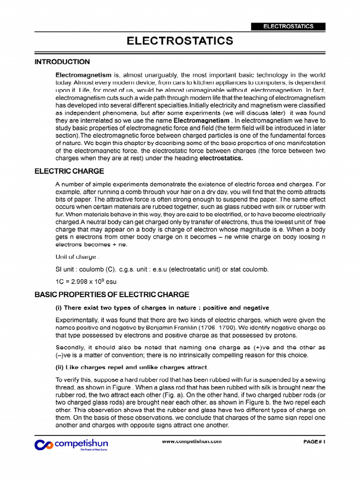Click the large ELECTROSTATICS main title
pyautogui.click(x=180, y=41)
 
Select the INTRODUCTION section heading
pyautogui.click(x=62, y=62)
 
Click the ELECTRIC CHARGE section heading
pyautogui.click(x=69, y=171)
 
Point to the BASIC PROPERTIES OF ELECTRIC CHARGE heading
pyautogui.click(x=112, y=294)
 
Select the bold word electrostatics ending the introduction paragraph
pyautogui.click(x=222, y=158)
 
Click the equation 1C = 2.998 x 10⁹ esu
pyautogui.click(x=86, y=281)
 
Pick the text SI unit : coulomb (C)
pyautogui.click(x=86, y=269)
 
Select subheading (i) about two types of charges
pyautogui.click(x=162, y=307)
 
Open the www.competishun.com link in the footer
pyautogui.click(x=191, y=442)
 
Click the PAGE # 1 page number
pyautogui.click(x=314, y=442)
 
